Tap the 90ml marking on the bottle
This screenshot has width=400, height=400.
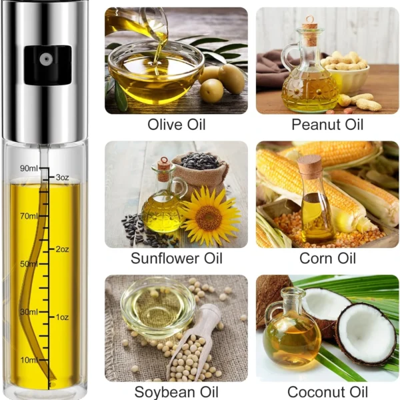[29, 169]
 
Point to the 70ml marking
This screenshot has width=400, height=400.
[29, 216]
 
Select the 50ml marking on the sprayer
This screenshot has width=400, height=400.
[29, 264]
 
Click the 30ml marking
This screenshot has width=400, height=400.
[29, 312]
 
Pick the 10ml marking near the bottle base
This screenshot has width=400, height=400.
[29, 360]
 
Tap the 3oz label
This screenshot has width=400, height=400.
[62, 177]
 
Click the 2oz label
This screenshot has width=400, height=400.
[62, 249]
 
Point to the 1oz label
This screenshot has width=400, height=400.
[62, 317]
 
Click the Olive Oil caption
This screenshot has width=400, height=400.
[176, 125]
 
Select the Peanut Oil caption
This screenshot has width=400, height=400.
[327, 125]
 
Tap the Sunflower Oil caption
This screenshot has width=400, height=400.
[177, 258]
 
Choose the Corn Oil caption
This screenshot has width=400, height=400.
[327, 258]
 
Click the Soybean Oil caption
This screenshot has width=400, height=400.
[176, 392]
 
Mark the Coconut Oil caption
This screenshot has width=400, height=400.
[327, 392]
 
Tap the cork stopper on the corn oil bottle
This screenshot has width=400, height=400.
[310, 164]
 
